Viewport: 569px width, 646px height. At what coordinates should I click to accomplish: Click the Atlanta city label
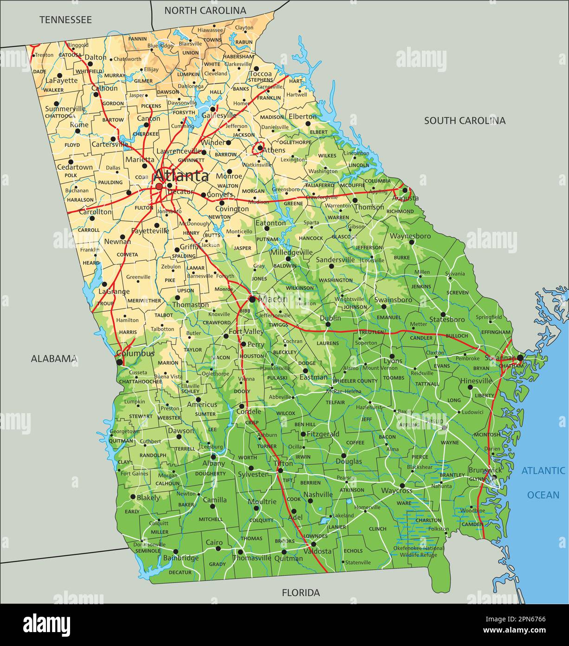click(181, 176)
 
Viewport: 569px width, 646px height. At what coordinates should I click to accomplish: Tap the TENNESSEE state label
click(65, 20)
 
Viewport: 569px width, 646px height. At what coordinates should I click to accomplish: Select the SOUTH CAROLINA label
click(465, 120)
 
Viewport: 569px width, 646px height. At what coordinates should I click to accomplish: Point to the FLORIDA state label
click(301, 593)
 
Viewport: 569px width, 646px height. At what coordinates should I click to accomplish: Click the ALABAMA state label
click(54, 358)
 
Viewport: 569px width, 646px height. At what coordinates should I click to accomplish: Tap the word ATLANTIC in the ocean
click(543, 470)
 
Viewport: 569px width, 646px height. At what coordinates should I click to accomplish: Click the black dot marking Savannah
click(520, 357)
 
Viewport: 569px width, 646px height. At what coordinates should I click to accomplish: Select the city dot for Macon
click(252, 299)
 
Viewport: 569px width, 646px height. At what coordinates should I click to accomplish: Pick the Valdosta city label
click(317, 551)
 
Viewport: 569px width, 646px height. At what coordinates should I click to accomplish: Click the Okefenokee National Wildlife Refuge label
click(419, 551)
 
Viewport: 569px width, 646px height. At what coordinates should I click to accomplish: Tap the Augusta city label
click(405, 198)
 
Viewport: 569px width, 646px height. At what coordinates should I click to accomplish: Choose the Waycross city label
click(397, 491)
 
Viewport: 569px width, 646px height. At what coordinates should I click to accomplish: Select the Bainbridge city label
click(181, 558)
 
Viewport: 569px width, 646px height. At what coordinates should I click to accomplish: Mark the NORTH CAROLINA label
click(205, 10)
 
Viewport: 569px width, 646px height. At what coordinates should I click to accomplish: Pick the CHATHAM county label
click(511, 366)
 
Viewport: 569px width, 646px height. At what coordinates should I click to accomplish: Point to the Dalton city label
click(96, 58)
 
